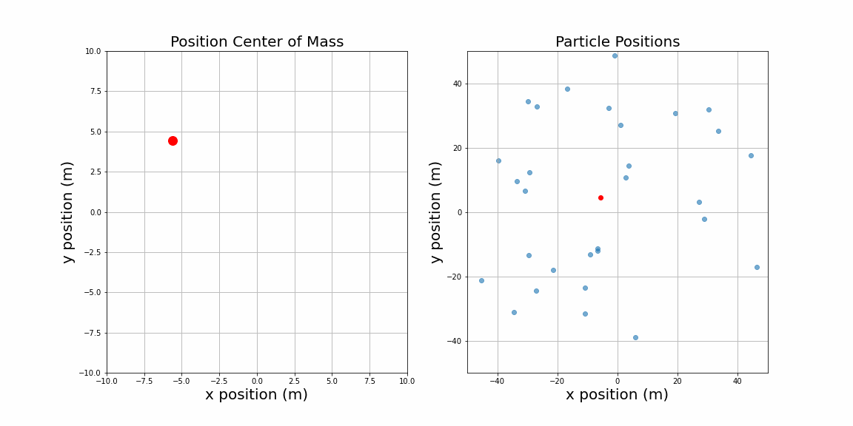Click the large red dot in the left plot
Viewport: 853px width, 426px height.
click(x=173, y=141)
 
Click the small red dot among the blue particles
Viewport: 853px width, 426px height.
click(x=601, y=197)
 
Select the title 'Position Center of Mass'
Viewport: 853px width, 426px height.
click(x=257, y=42)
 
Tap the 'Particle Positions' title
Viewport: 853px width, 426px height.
click(x=618, y=42)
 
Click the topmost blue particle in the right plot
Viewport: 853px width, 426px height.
click(x=615, y=55)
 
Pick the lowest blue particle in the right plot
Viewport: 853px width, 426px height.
click(x=635, y=337)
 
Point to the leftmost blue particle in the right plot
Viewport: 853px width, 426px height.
click(x=481, y=280)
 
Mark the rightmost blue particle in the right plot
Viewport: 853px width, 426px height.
click(x=757, y=267)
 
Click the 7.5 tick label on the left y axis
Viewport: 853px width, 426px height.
click(x=93, y=92)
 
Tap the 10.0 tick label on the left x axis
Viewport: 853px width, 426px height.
click(x=407, y=381)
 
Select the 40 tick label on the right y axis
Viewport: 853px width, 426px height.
click(x=457, y=84)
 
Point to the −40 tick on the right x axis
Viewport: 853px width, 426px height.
click(x=496, y=381)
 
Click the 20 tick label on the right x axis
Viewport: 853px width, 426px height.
click(x=678, y=381)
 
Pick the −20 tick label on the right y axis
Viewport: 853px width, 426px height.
click(x=454, y=277)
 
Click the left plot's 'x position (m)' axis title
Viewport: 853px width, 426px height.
click(x=256, y=395)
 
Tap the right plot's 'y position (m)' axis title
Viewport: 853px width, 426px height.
click(x=436, y=212)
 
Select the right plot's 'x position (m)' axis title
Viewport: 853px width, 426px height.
click(x=617, y=395)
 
